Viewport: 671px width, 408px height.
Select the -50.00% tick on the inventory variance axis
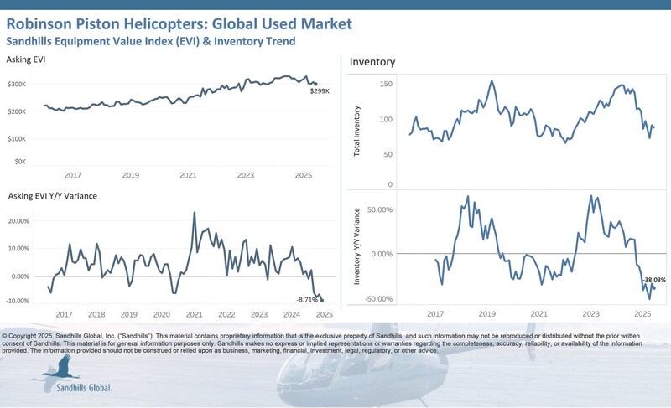tap(377, 298)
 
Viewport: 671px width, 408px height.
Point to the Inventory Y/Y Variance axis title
tap(357, 253)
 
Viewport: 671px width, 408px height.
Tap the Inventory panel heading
tap(372, 62)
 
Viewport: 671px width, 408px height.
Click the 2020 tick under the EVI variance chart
tap(162, 314)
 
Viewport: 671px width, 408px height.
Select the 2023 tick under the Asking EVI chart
tap(246, 175)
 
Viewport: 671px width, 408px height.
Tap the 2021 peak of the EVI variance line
tap(195, 213)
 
